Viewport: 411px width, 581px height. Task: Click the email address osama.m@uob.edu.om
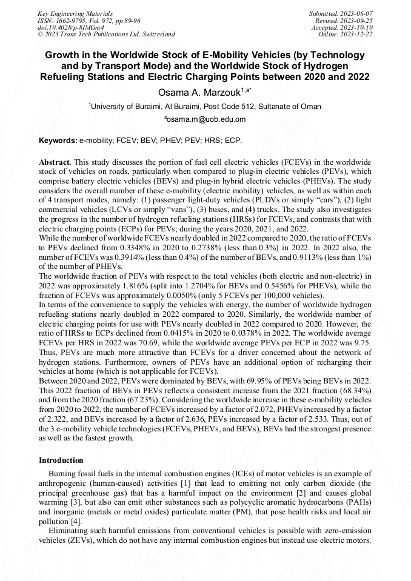point(206,119)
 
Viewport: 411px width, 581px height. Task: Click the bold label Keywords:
point(58,141)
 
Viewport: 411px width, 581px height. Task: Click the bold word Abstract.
point(55,164)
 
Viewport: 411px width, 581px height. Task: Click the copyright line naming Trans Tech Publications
point(106,35)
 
